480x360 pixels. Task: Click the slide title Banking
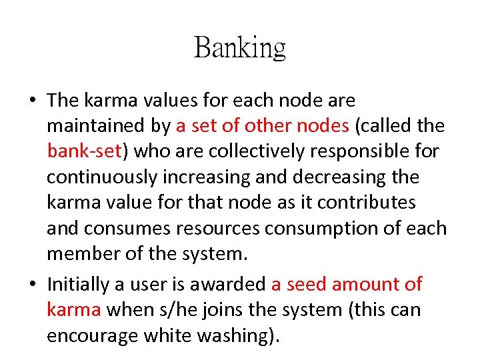(x=239, y=48)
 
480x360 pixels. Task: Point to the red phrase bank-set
(x=84, y=151)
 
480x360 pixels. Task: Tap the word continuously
(x=104, y=177)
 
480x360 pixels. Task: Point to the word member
(x=84, y=254)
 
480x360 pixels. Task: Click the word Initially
(x=78, y=285)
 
